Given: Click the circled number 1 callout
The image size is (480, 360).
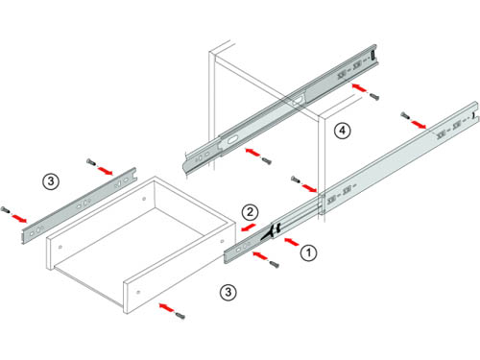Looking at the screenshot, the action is coord(308,252).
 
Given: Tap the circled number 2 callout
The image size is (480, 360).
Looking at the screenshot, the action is coord(250,212).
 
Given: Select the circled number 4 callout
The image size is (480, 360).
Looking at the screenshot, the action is coord(343,131).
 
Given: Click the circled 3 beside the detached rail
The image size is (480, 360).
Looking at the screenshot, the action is coord(51,181).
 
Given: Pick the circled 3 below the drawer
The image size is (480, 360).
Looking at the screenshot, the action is coord(228,292).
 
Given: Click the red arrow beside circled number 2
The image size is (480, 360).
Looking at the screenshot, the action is coord(248,228).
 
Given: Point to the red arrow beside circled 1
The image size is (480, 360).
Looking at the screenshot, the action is coord(291,242).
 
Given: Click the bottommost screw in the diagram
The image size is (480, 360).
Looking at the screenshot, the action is coord(180,315).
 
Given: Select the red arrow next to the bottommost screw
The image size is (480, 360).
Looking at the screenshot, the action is coord(167,308).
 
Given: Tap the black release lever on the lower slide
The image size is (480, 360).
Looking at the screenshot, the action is coord(272,231).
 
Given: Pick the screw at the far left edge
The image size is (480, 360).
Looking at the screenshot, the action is coord(5,210).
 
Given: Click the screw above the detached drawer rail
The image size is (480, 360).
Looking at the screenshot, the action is coord(91,162).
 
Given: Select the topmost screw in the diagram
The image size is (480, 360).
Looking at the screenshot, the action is coord(373,96).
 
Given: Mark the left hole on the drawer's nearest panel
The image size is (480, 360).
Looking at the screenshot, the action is coord(60,247).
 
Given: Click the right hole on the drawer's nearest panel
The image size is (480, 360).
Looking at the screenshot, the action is coord(138,292).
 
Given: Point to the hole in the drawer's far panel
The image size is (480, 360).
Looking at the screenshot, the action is coord(144,199).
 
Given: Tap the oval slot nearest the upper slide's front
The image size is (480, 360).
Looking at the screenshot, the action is coord(231,140).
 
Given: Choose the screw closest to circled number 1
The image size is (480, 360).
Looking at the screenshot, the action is coord(275,264).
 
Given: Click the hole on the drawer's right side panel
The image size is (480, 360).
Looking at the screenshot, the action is coord(222,241).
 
